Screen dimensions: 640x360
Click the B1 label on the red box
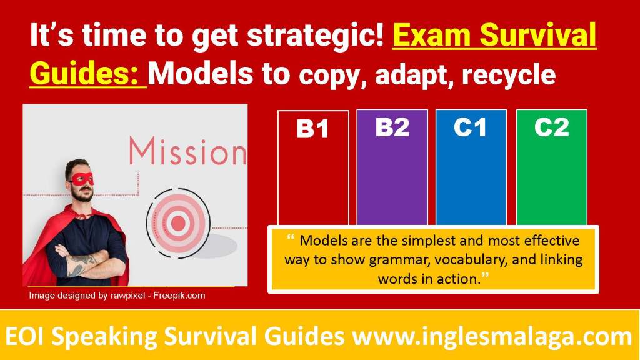tap(312, 129)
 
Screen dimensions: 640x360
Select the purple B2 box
tap(392, 167)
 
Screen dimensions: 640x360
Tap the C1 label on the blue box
tap(470, 127)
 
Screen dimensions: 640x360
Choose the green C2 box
tap(552, 167)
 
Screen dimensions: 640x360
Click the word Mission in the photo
tap(188, 151)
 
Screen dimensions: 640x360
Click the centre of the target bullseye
tap(178, 223)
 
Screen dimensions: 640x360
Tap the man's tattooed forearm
tap(84, 264)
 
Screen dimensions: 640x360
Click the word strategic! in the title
tap(316, 36)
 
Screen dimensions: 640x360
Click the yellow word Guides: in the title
tap(84, 74)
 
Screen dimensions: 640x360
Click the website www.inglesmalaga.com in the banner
tap(492, 337)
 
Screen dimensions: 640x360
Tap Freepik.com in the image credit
tap(179, 296)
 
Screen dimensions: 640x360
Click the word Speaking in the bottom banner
tap(104, 337)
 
